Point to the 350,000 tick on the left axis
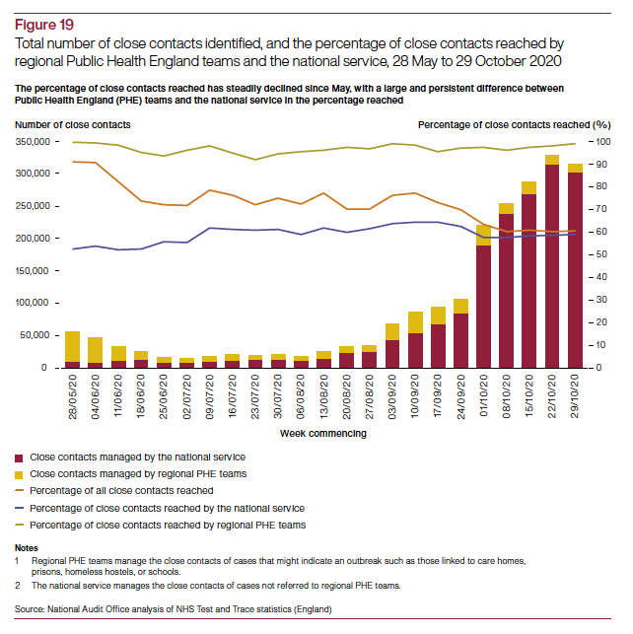pyautogui.click(x=35, y=142)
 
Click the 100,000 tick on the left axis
pyautogui.click(x=35, y=304)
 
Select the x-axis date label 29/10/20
pyautogui.click(x=575, y=396)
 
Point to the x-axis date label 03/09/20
pyautogui.click(x=391, y=396)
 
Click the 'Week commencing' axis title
pyautogui.click(x=323, y=433)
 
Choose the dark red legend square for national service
pyautogui.click(x=21, y=458)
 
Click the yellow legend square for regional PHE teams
pyautogui.click(x=21, y=474)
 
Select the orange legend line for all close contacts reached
pyautogui.click(x=21, y=491)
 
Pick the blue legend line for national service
pyautogui.click(x=21, y=508)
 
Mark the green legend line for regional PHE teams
pyautogui.click(x=21, y=525)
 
